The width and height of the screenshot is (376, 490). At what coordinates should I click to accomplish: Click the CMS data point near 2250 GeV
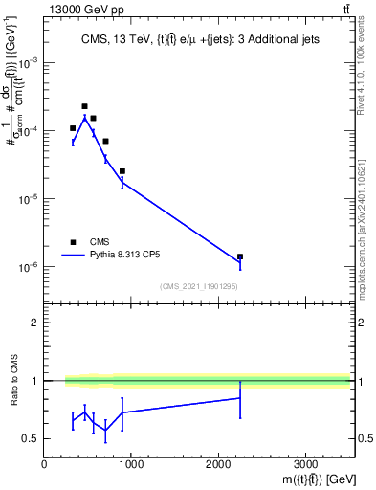point(240,256)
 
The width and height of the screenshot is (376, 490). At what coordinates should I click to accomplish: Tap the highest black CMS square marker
point(84,106)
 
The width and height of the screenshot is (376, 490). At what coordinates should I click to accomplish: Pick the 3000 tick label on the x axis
point(305,466)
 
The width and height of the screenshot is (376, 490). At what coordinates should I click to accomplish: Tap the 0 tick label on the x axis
point(44,466)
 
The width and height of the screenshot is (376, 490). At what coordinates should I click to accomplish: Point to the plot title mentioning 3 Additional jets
point(197,40)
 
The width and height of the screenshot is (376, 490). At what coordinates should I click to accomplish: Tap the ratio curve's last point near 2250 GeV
point(240,398)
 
